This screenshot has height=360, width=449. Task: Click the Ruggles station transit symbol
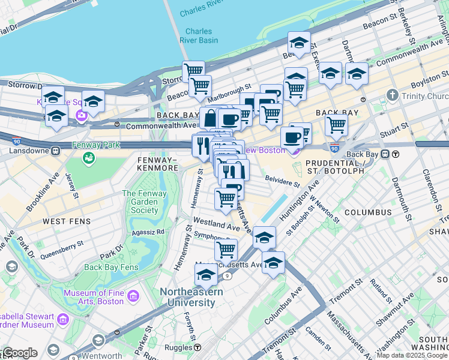point(197,347)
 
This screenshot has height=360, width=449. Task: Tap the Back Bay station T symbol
point(396,154)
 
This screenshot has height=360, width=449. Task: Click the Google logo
point(20,353)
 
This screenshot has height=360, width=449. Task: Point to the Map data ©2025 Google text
point(412,355)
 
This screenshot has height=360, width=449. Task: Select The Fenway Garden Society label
point(140,202)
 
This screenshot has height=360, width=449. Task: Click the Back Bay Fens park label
point(111,267)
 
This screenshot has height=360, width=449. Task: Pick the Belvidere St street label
point(282,178)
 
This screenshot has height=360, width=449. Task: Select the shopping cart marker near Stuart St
point(336,125)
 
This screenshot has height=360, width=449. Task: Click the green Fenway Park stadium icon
point(88,158)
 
